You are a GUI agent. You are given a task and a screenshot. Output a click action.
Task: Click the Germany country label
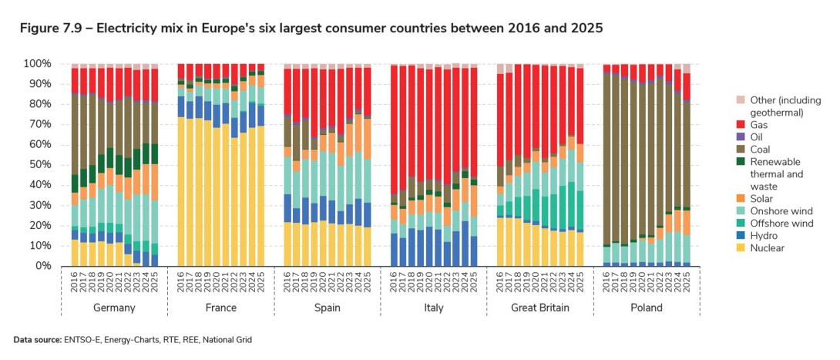pyautogui.click(x=114, y=308)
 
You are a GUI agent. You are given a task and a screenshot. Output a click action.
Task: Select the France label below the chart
pyautogui.click(x=221, y=308)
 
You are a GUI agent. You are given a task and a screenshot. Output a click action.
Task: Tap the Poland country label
pyautogui.click(x=647, y=308)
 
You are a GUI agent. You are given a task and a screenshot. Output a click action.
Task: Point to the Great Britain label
pyautogui.click(x=540, y=308)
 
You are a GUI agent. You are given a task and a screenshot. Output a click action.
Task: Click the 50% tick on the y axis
pyautogui.click(x=38, y=165)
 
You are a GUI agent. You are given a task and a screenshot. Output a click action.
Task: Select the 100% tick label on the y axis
pyautogui.click(x=35, y=63)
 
